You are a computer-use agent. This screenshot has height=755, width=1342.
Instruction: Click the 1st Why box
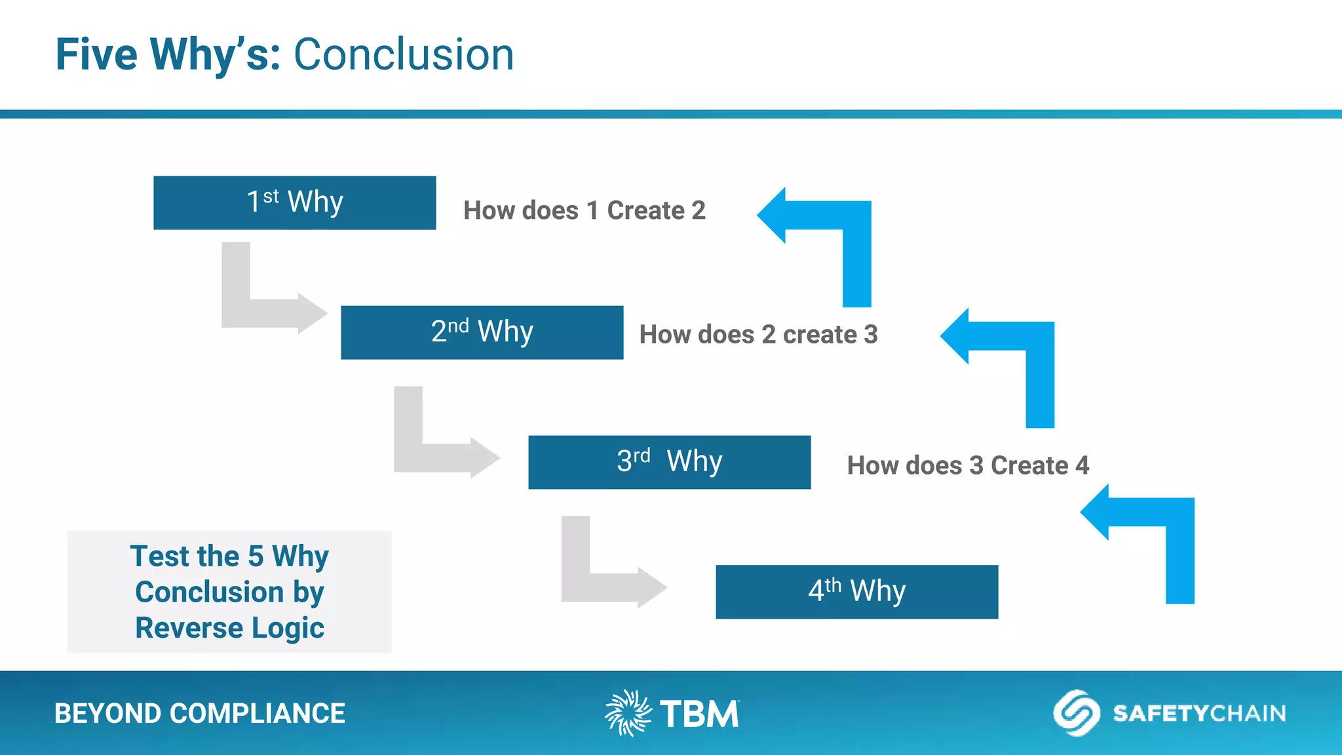294,203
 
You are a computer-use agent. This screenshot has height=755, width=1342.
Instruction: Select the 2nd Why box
482,332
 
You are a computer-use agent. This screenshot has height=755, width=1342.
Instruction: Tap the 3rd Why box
669,462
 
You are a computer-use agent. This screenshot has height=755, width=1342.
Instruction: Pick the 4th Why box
856,592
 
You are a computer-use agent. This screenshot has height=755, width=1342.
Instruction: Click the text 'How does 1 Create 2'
584,210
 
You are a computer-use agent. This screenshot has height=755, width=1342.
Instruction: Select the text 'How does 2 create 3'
758,334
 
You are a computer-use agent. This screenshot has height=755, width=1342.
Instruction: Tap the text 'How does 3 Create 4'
967,465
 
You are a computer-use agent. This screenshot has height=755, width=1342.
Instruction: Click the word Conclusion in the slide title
403,54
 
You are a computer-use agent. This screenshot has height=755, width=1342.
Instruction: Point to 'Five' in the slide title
96,54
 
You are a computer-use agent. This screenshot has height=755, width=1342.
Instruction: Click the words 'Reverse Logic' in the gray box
229,628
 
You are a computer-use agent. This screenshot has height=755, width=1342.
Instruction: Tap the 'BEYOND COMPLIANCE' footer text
199,713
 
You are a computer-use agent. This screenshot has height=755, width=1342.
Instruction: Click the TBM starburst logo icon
628,712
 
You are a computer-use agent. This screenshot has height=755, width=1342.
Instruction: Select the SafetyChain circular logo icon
1076,712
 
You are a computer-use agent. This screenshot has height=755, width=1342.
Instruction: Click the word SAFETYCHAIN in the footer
1199,713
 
